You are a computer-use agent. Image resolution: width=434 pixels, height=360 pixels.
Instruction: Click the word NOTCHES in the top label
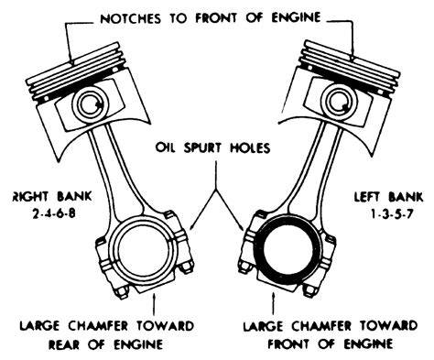pos(130,18)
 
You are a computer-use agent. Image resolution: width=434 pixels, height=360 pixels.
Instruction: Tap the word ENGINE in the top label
pos(296,17)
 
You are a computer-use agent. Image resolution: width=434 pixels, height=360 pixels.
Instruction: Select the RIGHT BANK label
pos(52,196)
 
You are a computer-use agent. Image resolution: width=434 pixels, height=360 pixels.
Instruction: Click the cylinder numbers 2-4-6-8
pos(53,213)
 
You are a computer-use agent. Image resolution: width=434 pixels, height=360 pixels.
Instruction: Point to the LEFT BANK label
pos(388,197)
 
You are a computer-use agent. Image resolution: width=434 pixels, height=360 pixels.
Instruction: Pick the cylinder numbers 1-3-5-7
pos(392,213)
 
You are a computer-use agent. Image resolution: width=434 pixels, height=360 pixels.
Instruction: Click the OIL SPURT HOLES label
pos(213,147)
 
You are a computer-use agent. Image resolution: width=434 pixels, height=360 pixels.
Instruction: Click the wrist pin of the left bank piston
pos(339,102)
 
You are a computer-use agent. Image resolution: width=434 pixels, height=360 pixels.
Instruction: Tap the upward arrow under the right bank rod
pos(154,304)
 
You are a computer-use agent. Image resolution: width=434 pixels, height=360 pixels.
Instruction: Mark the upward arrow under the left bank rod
pos(273,303)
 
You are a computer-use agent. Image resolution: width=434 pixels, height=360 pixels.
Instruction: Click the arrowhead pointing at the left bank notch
pos(352,57)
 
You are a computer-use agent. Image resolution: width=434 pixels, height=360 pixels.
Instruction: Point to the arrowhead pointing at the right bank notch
pos(72,61)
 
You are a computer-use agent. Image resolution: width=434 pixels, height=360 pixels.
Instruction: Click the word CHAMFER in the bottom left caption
pos(97,325)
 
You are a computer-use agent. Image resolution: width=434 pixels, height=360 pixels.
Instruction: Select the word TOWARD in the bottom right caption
pos(388,325)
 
